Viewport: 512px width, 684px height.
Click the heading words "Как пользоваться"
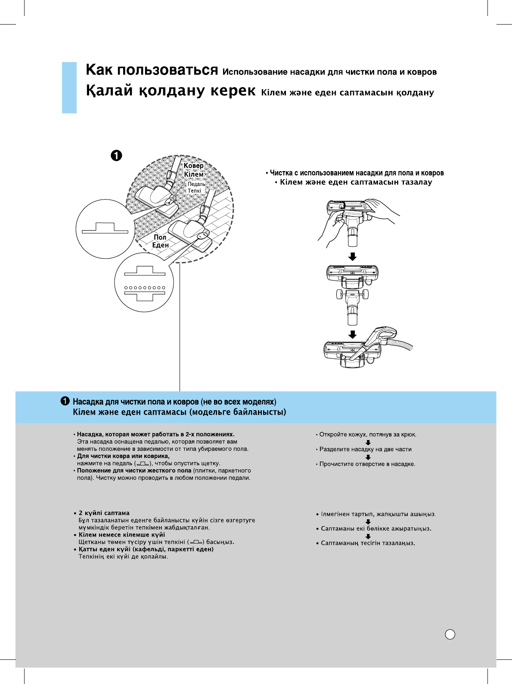(152, 70)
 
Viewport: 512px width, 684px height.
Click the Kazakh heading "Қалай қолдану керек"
(171, 91)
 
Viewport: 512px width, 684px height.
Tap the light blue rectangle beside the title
(69, 87)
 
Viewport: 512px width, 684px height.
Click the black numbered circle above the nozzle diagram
(116, 156)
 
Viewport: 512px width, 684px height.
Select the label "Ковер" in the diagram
(193, 166)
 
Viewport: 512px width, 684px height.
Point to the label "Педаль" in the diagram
(196, 184)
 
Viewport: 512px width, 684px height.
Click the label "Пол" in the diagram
(160, 237)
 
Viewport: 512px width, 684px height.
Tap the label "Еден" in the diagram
(160, 245)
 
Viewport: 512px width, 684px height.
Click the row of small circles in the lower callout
(145, 287)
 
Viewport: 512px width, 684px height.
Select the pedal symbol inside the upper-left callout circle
(105, 228)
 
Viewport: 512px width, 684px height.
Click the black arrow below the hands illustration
(352, 257)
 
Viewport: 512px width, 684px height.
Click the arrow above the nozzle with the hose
(352, 334)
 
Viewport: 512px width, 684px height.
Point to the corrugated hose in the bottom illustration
(400, 344)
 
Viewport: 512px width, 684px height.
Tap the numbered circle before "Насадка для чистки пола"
(65, 401)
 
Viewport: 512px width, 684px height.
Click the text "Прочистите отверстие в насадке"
(367, 464)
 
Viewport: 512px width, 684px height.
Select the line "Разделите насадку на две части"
(365, 449)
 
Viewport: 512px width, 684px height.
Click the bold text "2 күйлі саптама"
(104, 513)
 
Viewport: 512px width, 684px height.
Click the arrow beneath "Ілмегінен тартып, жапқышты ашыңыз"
(368, 522)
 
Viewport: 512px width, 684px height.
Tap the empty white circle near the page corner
(450, 634)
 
